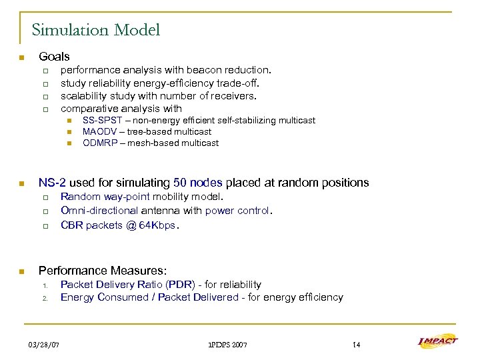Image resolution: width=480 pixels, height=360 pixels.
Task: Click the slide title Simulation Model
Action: coord(96,30)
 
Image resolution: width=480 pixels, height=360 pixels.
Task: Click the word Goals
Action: coord(54,57)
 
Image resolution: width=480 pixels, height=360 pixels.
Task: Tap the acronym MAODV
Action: coord(101,132)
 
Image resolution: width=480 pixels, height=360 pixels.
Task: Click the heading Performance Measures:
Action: coord(103,271)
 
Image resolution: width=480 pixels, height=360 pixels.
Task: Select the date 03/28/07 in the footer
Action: coord(44,344)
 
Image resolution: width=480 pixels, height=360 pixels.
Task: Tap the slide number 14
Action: coord(356,344)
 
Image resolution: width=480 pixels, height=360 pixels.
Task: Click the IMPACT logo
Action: coord(437,342)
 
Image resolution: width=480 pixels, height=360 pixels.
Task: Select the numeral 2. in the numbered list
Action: coord(44,298)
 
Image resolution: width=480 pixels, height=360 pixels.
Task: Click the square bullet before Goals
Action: coord(21,57)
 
